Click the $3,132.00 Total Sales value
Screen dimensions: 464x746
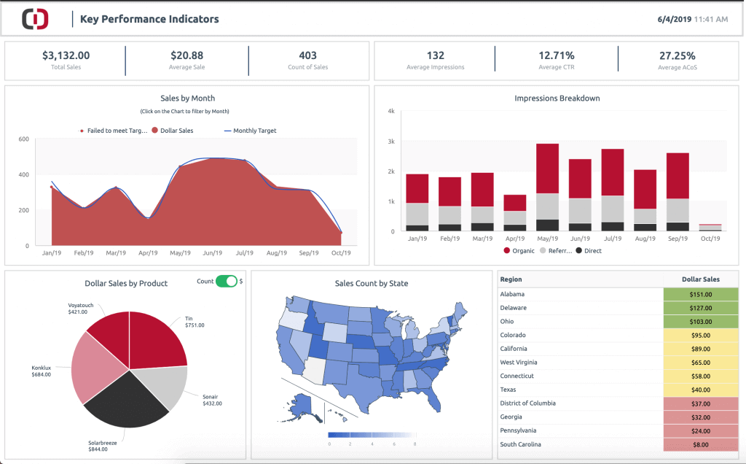66,55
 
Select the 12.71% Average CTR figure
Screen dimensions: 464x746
557,55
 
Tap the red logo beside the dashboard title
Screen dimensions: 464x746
35,19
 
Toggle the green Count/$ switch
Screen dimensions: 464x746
227,282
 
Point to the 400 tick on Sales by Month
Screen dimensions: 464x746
23,174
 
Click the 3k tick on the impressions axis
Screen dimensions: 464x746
390,142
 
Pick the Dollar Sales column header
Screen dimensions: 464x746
700,279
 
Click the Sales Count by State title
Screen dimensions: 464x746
372,283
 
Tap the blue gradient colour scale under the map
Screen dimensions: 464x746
372,434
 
